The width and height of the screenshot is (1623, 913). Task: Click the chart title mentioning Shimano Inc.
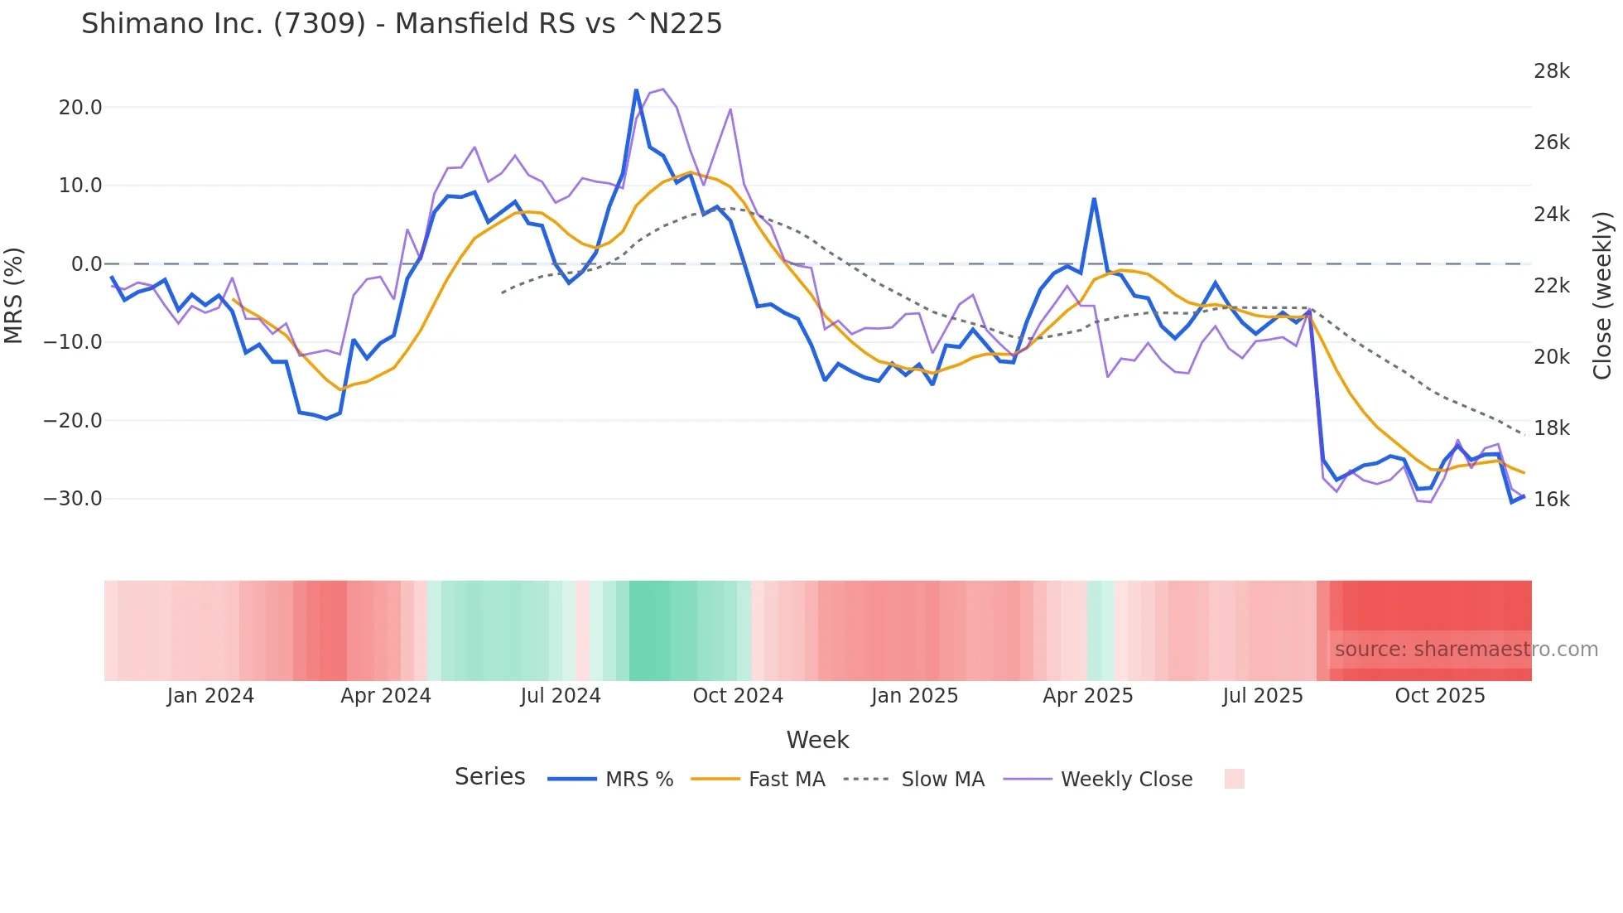402,24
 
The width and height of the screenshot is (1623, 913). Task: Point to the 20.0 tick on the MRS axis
80,108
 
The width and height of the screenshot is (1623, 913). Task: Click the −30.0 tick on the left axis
73,499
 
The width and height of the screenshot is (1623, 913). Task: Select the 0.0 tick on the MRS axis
87,264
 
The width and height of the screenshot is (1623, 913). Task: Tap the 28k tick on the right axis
1551,71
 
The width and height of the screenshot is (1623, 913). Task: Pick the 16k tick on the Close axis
1551,500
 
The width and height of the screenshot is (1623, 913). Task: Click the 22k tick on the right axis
1551,286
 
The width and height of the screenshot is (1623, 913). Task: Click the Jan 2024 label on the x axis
210,696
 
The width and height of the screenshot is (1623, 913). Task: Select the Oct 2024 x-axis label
738,696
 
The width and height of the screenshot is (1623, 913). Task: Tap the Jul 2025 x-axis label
1263,696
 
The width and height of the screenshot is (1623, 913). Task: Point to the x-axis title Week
817,740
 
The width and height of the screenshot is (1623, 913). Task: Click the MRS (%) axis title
14,295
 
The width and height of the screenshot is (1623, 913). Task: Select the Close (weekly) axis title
1603,295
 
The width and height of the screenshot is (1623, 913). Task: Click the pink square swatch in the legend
1234,779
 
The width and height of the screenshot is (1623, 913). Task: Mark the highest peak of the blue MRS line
636,90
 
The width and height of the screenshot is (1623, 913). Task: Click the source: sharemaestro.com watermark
1466,650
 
